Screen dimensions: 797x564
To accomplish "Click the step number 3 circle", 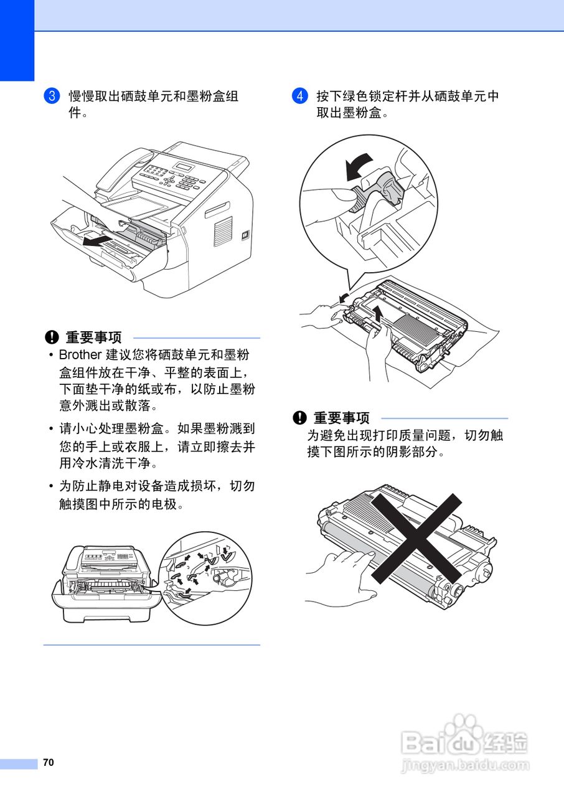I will tap(52, 97).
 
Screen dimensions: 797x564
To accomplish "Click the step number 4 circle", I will tap(300, 97).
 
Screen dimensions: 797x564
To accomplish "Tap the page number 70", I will tap(49, 763).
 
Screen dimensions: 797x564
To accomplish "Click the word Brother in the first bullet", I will tap(80, 355).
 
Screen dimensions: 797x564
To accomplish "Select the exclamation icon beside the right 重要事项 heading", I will tap(300, 418).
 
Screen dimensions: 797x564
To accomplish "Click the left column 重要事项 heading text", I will tap(94, 338).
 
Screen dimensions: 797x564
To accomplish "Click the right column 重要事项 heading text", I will tap(342, 418).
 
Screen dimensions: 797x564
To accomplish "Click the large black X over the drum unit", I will tap(417, 539).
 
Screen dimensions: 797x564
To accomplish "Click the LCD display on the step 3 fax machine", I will tap(184, 167).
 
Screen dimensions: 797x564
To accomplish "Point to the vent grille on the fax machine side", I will tap(223, 231).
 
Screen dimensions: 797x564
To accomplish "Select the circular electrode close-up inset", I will tap(206, 578).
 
